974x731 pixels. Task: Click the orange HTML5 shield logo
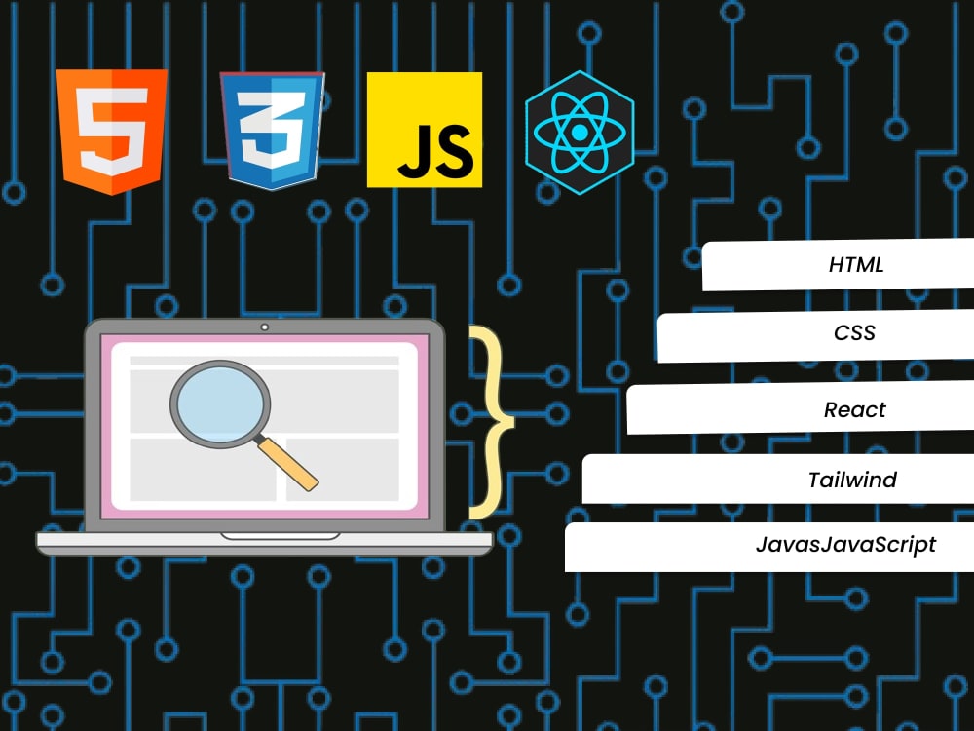pyautogui.click(x=112, y=132)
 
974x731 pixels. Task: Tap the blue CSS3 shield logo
pyautogui.click(x=272, y=131)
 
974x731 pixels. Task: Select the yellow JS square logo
pyautogui.click(x=425, y=130)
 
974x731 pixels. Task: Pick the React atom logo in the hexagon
pyautogui.click(x=580, y=133)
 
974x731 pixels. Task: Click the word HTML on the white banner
pyautogui.click(x=856, y=265)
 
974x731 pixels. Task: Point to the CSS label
pyautogui.click(x=854, y=332)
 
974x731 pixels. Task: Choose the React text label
pyautogui.click(x=855, y=409)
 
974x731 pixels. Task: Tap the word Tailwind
pyautogui.click(x=852, y=480)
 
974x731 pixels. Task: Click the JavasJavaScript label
pyautogui.click(x=845, y=545)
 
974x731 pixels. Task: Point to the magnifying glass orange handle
pyautogui.click(x=287, y=464)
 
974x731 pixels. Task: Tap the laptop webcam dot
pyautogui.click(x=265, y=327)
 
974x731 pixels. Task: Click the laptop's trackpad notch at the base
pyautogui.click(x=281, y=536)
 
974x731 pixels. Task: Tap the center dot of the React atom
pyautogui.click(x=580, y=133)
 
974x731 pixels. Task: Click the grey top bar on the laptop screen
pyautogui.click(x=264, y=361)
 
